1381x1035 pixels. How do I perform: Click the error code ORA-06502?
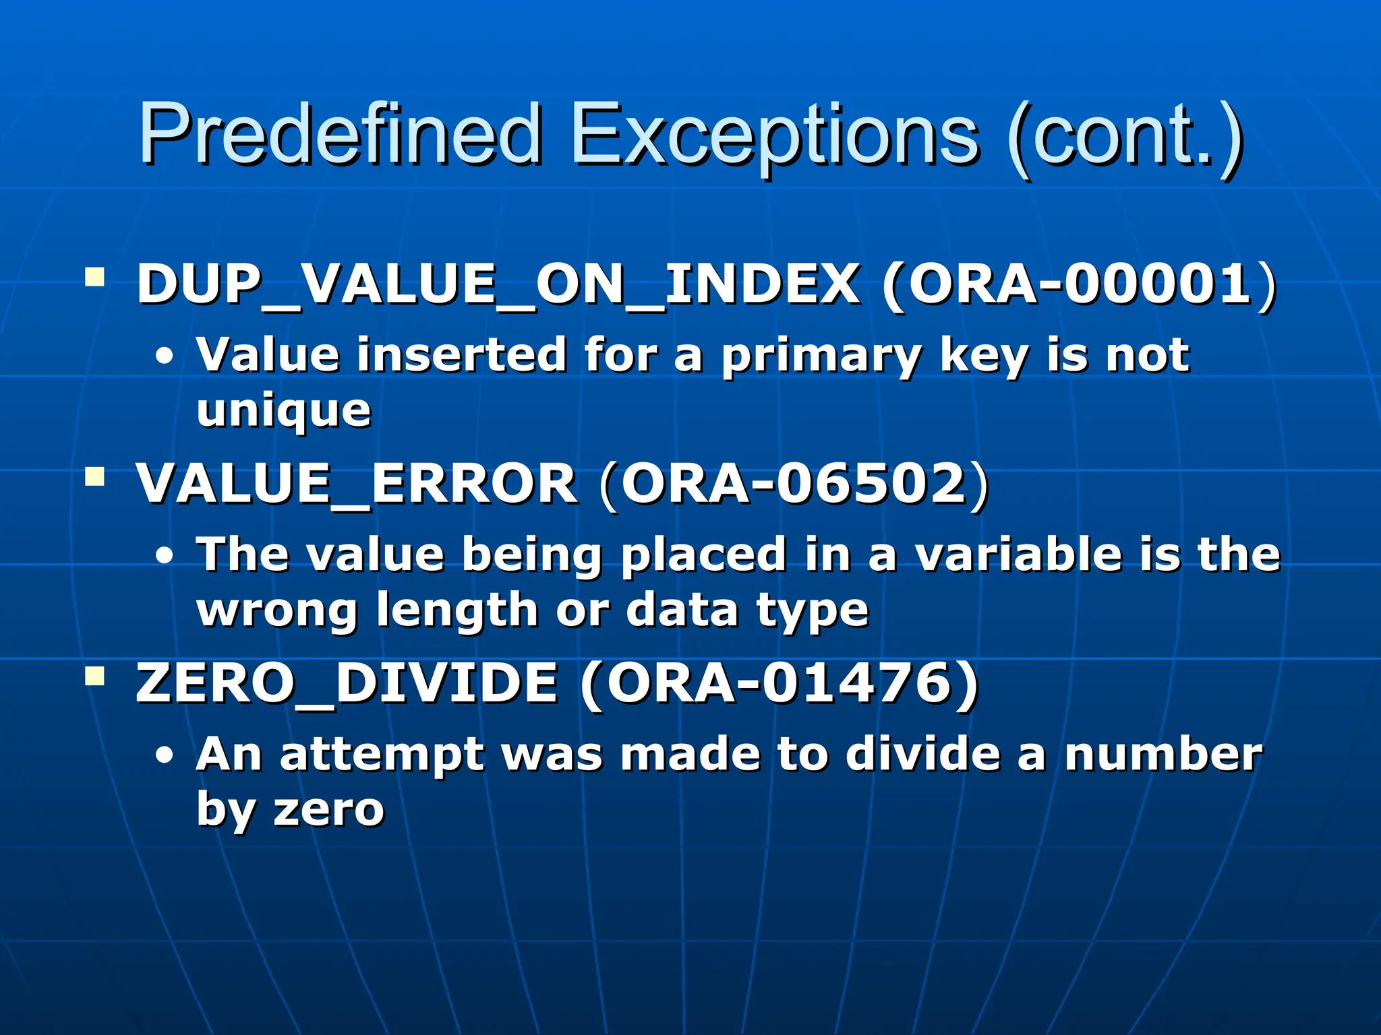[794, 484]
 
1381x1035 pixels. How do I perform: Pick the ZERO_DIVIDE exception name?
[347, 683]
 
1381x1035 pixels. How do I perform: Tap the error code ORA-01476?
[780, 683]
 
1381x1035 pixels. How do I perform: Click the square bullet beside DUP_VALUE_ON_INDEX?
[95, 277]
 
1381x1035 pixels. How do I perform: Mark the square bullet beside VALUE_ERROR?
[95, 477]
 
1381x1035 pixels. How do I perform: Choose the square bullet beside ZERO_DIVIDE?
[95, 676]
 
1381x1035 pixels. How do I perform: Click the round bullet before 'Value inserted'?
[164, 356]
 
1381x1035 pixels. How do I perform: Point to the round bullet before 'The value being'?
[164, 557]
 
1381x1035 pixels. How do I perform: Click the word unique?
[283, 411]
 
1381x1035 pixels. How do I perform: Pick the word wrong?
[276, 610]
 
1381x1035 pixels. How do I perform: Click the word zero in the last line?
[328, 809]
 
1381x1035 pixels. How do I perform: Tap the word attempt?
[382, 755]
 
